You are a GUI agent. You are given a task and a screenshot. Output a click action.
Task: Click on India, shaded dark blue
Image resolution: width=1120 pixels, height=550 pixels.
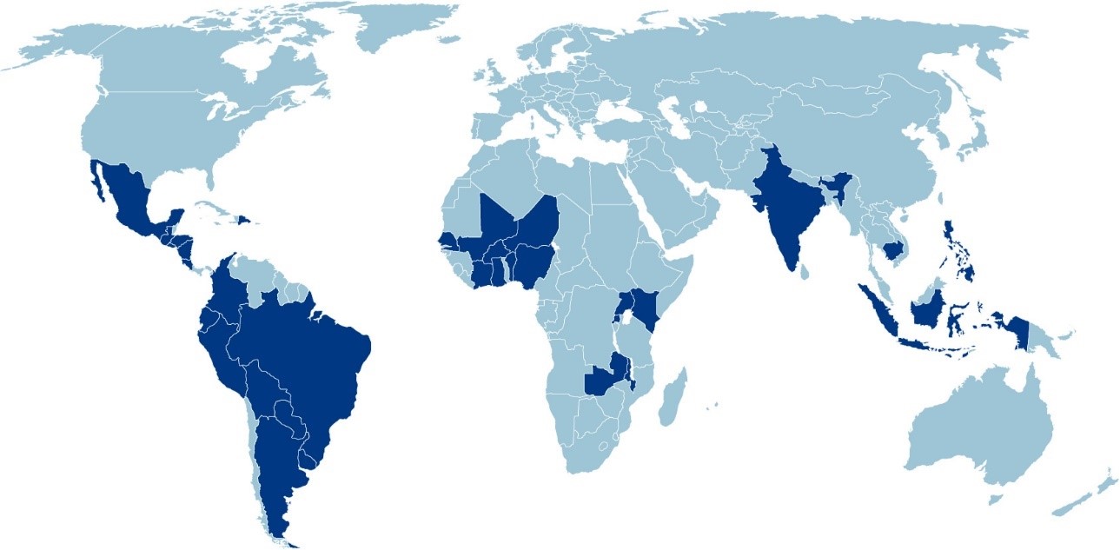click(785, 209)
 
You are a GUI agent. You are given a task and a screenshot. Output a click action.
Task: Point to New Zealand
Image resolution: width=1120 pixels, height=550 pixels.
click(1086, 495)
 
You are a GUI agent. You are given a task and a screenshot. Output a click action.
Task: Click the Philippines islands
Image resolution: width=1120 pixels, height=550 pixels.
click(956, 248)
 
